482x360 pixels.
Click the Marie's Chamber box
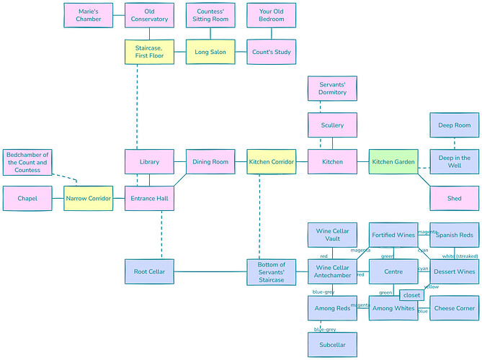point(88,15)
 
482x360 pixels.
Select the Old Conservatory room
point(149,15)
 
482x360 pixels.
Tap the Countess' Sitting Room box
point(210,15)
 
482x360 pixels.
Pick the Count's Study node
point(271,52)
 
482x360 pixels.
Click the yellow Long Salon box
point(210,52)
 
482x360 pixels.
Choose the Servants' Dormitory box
point(332,89)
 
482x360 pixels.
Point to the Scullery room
point(332,125)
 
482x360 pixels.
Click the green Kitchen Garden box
point(393,162)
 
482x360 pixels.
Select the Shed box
point(454,199)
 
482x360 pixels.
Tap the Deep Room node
point(454,125)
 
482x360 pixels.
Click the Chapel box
point(27,199)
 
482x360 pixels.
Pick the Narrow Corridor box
point(88,199)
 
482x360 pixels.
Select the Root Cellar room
point(149,272)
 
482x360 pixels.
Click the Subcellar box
point(332,345)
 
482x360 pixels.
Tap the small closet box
point(411,295)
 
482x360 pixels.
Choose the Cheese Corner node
point(454,308)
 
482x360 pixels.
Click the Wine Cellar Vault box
point(332,235)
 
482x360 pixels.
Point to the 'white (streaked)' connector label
point(460,256)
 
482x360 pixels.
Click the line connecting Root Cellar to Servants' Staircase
point(210,272)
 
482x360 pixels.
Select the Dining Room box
point(210,162)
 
